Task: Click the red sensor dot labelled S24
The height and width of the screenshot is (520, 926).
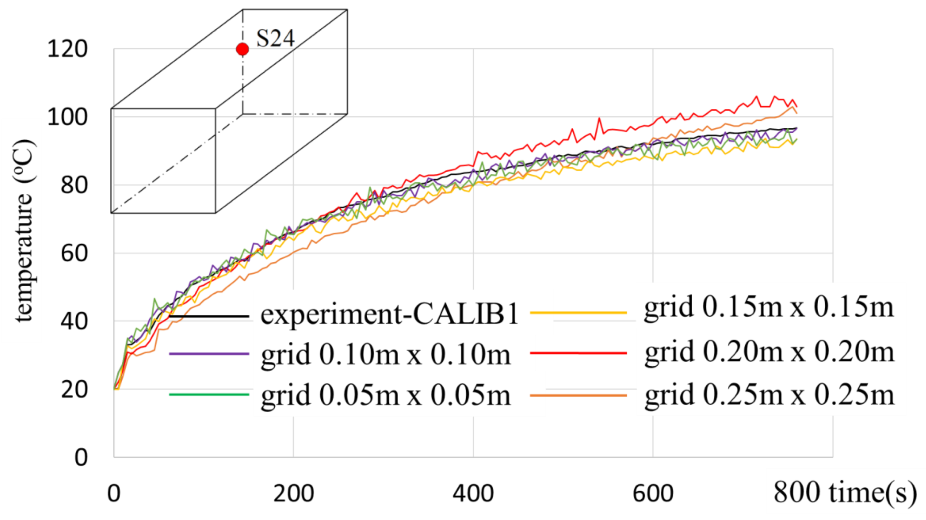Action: [x=242, y=49]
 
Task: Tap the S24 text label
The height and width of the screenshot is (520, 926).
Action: [x=275, y=39]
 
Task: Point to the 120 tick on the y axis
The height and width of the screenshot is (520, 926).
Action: [x=67, y=50]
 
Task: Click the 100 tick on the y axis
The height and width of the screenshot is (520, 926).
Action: [x=67, y=118]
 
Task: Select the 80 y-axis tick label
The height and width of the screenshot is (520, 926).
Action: [x=74, y=185]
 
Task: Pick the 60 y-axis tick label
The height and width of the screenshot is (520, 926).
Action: [x=74, y=253]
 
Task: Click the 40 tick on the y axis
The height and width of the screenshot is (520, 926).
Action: [x=74, y=321]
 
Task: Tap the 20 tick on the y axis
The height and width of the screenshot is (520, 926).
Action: [x=74, y=389]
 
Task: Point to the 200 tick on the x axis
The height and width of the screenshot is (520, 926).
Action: [x=293, y=493]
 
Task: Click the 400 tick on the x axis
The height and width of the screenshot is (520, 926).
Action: [x=473, y=493]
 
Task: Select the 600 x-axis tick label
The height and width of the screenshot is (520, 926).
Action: [x=653, y=493]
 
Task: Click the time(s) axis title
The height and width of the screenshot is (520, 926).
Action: [x=873, y=492]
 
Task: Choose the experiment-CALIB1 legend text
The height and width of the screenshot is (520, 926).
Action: [x=389, y=314]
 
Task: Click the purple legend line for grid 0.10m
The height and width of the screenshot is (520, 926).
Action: [x=209, y=354]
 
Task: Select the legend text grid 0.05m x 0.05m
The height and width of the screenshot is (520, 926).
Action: [x=386, y=395]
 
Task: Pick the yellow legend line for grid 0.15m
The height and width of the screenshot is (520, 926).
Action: [x=578, y=313]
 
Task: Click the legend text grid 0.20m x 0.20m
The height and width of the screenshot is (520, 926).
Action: [x=769, y=352]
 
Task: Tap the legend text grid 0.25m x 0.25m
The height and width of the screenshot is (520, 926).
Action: [x=769, y=395]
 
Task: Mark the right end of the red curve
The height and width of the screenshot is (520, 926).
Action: [x=797, y=107]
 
